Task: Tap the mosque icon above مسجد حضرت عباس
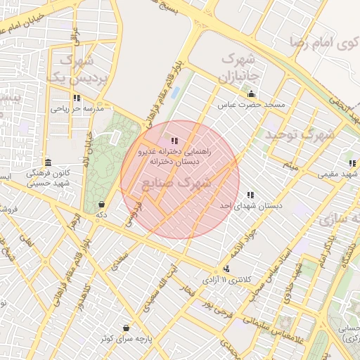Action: coord(251,94)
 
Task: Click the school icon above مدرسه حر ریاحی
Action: coord(77,98)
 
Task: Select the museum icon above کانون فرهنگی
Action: coord(48,161)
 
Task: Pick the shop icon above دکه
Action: coord(102,204)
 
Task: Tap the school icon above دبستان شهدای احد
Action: coord(250,195)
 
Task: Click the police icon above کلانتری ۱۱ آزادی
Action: coord(226,269)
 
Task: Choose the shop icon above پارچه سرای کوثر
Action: coord(126,328)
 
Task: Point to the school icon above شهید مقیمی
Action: coord(352,163)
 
